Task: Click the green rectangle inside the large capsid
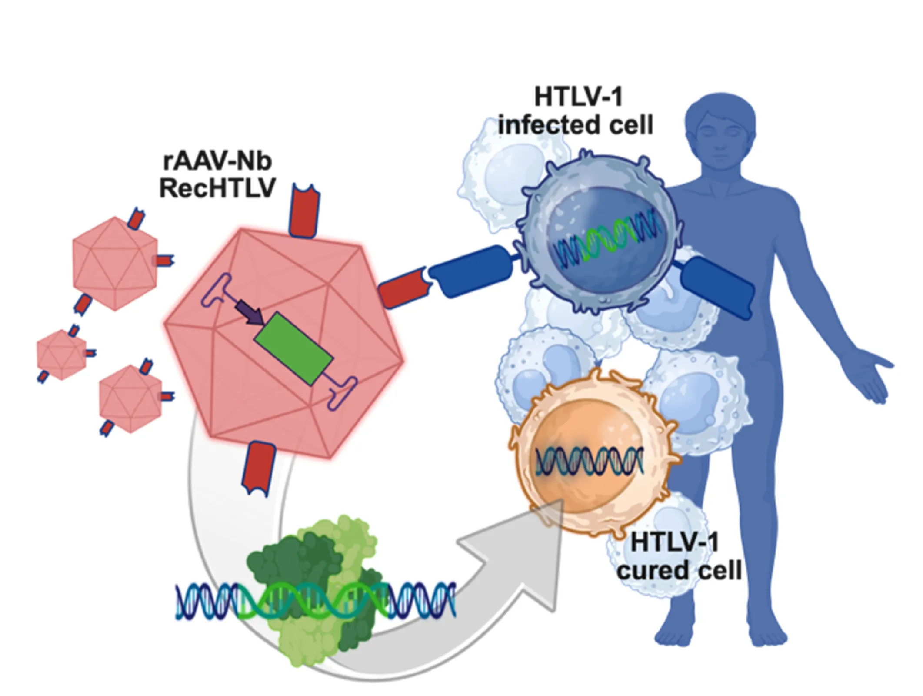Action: pyautogui.click(x=294, y=349)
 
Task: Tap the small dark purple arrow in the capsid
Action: pyautogui.click(x=250, y=313)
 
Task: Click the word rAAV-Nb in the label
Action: pyautogui.click(x=217, y=161)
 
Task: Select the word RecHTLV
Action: pyautogui.click(x=217, y=188)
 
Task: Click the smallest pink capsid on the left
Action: pyautogui.click(x=61, y=355)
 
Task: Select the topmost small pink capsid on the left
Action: pyautogui.click(x=115, y=263)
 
